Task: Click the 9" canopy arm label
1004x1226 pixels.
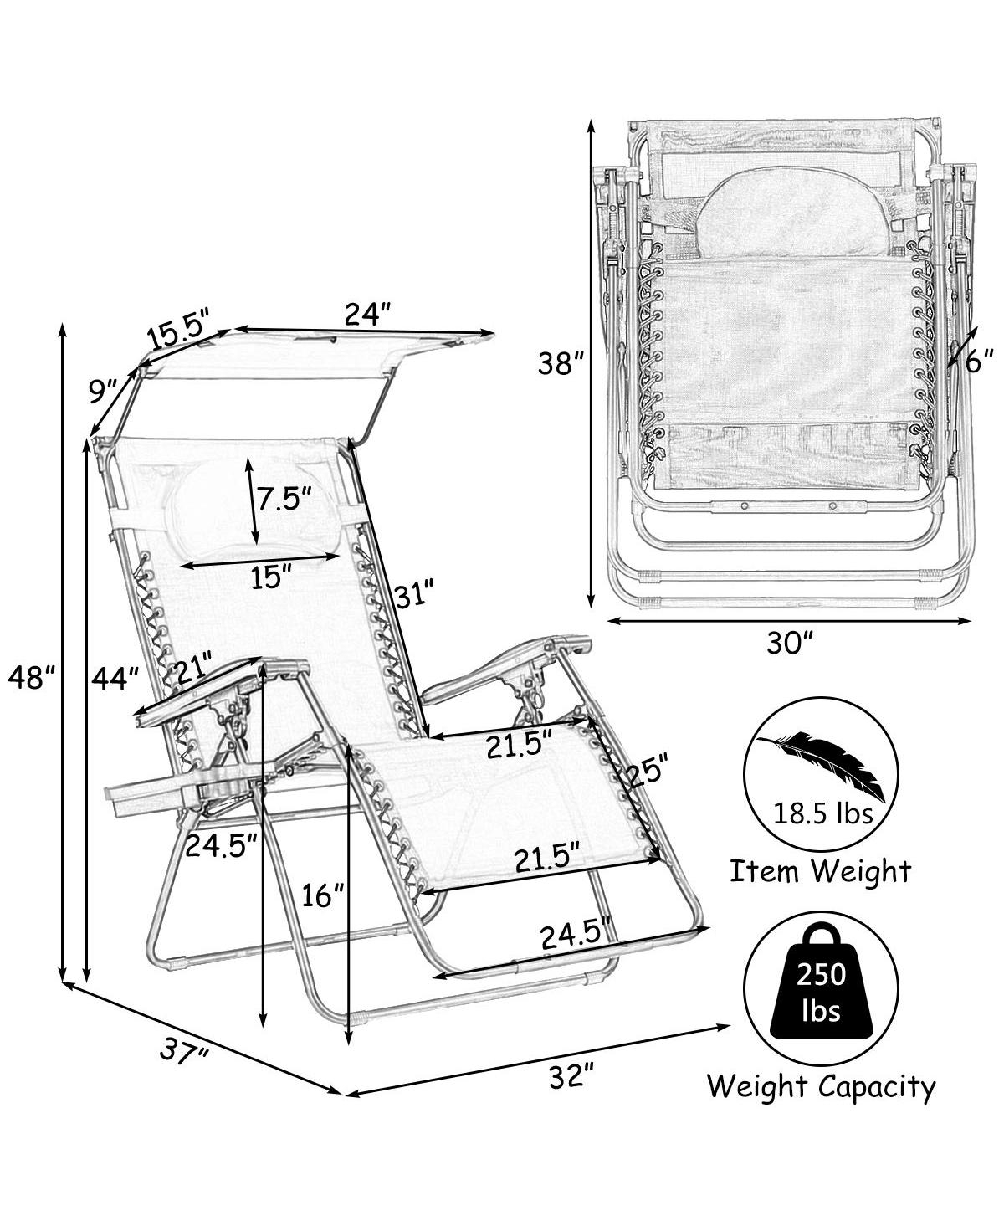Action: [x=104, y=391]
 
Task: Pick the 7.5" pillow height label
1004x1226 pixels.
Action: [x=285, y=499]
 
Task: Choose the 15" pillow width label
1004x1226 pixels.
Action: [x=271, y=577]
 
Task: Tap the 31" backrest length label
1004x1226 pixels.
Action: [x=414, y=595]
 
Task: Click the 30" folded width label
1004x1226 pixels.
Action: [x=788, y=644]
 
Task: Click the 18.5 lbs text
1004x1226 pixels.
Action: [x=822, y=813]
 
